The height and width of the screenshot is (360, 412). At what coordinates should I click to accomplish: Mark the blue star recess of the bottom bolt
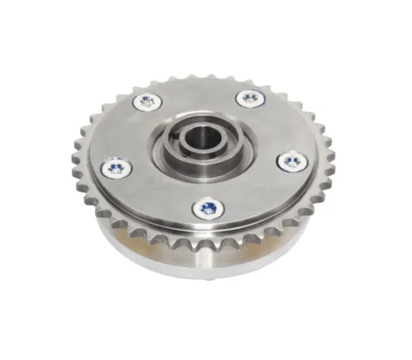coord(209,208)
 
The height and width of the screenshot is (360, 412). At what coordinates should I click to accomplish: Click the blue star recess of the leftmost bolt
coord(116,168)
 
